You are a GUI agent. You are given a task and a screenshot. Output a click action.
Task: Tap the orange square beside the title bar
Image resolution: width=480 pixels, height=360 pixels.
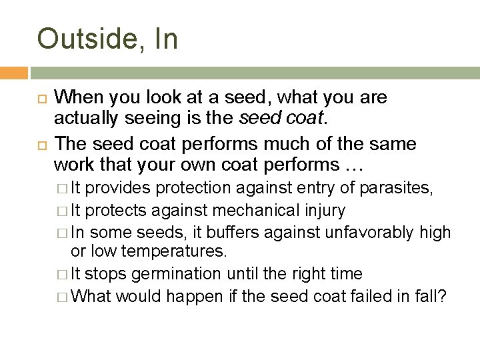(13, 72)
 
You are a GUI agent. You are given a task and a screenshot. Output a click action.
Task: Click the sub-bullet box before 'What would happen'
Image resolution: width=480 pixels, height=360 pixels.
(61, 295)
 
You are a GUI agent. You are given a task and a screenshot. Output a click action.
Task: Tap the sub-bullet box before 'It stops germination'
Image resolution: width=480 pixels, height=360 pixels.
(61, 274)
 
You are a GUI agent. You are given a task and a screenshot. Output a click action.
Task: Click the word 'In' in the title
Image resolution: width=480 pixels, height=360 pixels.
(167, 39)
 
